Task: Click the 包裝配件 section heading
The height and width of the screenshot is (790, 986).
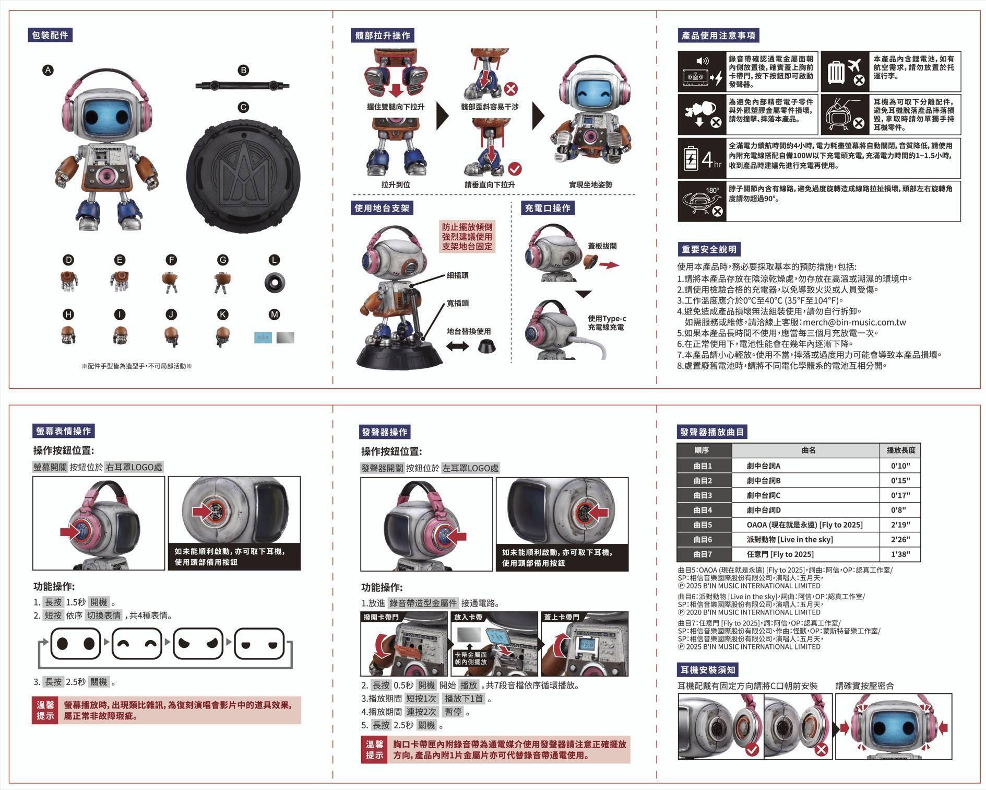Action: [50, 35]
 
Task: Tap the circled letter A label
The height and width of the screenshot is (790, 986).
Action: [48, 71]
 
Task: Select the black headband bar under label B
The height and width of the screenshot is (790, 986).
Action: [243, 85]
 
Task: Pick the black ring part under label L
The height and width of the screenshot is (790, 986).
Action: [275, 282]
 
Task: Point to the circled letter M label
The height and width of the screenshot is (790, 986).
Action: [275, 315]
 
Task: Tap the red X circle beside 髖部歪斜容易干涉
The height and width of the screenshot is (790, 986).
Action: [511, 89]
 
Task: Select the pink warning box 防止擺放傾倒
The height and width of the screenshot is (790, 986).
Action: [467, 237]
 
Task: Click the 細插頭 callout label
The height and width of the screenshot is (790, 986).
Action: [457, 275]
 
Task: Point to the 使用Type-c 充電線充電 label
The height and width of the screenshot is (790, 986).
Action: [607, 323]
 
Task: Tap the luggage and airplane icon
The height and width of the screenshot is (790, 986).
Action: [845, 71]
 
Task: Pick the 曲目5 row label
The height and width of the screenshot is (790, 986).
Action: [703, 525]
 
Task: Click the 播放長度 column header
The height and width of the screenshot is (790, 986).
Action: [900, 450]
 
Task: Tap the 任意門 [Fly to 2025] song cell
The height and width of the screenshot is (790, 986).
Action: [780, 554]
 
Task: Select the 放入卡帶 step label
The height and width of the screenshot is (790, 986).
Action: [468, 617]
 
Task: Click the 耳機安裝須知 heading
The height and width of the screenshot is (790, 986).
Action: [708, 670]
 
